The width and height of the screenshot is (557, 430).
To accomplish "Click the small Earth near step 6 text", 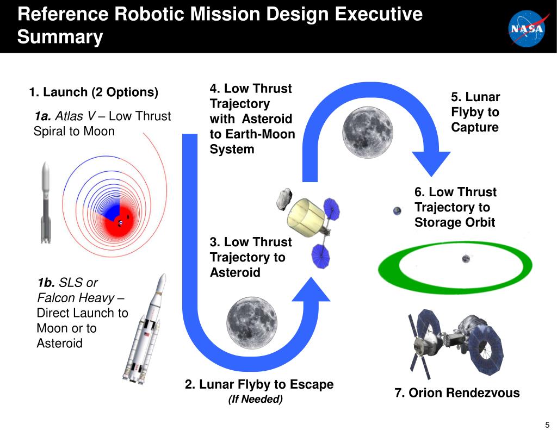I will (x=398, y=211).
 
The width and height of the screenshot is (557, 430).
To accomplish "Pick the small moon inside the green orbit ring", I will (x=466, y=259).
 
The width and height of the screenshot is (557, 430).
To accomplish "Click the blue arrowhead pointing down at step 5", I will (x=431, y=163).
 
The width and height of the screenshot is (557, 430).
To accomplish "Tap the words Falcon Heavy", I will (x=76, y=298).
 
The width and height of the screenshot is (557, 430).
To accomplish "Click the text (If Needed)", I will (x=256, y=400).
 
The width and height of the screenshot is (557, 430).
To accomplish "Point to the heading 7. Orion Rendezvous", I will (x=457, y=393).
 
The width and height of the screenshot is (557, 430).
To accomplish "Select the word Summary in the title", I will (x=60, y=38).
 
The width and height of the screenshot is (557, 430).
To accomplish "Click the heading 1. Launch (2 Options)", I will (x=94, y=92).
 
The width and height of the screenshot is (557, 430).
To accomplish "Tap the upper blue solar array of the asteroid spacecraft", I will (x=331, y=208).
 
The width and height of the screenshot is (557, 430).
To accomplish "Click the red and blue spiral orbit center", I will (x=120, y=222).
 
